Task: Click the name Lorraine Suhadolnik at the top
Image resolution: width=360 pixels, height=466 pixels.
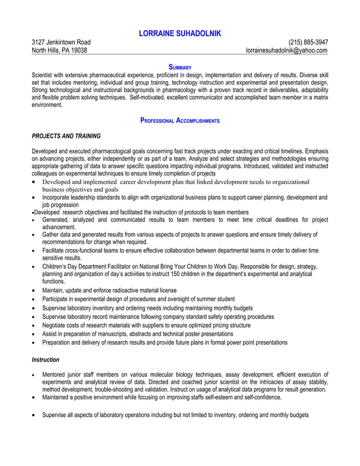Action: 179,34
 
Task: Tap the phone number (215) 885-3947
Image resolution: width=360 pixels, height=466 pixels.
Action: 308,42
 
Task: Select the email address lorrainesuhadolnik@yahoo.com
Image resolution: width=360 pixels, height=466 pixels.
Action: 286,50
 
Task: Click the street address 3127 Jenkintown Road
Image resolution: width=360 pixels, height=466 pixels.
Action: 61,42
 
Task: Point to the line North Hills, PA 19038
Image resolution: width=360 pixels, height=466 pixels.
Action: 59,50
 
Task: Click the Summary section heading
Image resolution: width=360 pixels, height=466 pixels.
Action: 180,67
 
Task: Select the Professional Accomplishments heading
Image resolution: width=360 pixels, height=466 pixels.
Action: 179,121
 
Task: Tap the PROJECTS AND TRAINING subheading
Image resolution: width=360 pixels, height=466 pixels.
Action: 66,136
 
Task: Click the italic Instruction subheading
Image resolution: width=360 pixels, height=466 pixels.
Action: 45,359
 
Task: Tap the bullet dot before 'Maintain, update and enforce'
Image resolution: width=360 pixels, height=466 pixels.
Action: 34,290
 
